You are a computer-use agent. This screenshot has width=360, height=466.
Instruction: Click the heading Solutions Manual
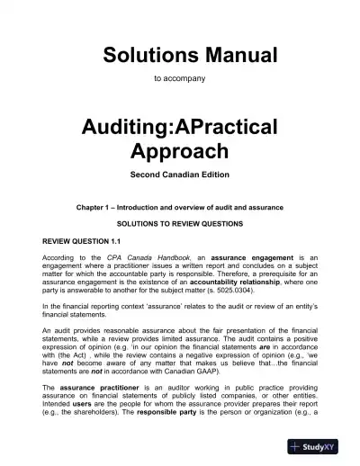180,53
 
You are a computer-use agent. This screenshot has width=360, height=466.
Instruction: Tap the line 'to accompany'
180,79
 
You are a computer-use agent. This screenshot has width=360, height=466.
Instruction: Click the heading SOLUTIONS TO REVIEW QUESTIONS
180,224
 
